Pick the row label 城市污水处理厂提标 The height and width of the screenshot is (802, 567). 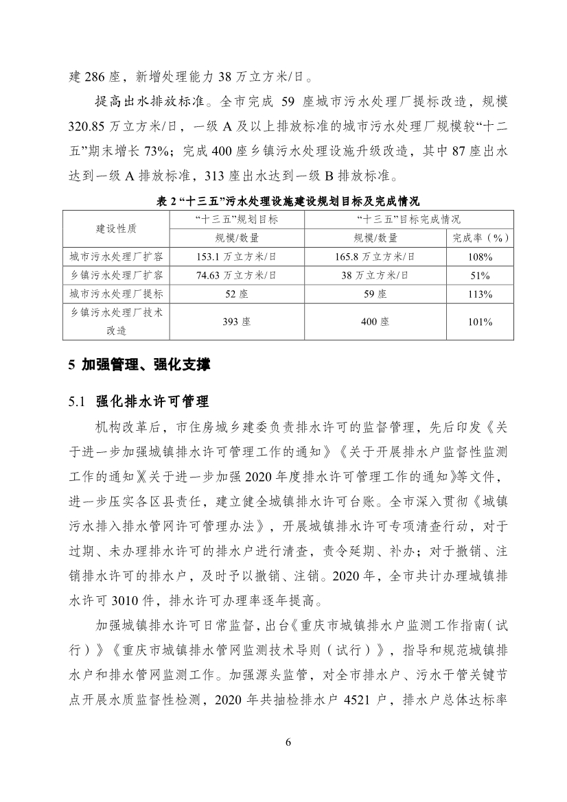tap(116, 294)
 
